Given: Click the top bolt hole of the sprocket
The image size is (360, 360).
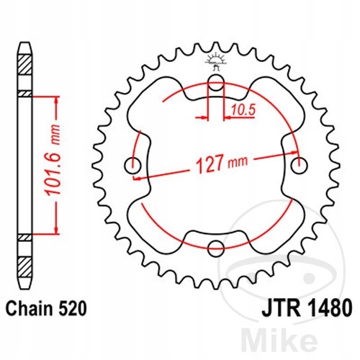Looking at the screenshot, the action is click(x=216, y=82).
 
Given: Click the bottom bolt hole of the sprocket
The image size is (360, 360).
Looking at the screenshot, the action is click(x=216, y=248).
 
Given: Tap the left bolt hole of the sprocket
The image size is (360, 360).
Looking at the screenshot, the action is click(x=132, y=166).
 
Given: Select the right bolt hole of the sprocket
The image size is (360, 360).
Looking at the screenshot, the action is click(x=299, y=166).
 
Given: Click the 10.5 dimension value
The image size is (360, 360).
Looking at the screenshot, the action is click(x=243, y=110).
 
